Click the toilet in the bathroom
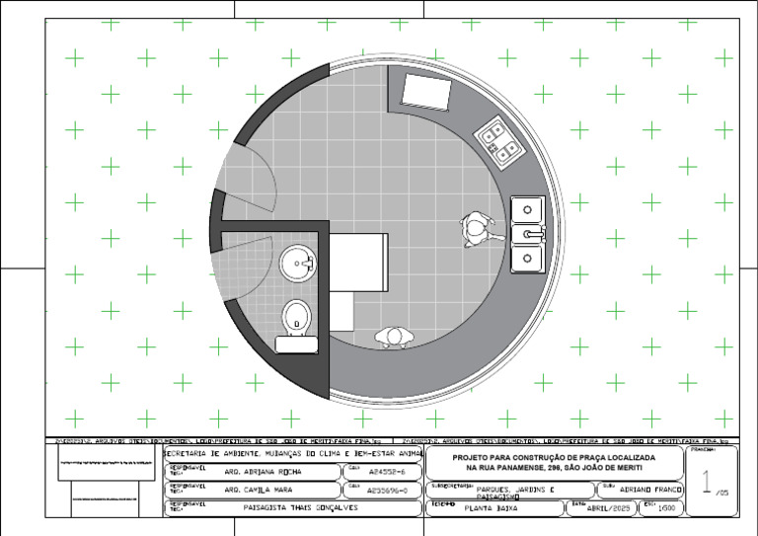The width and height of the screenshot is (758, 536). [296, 317]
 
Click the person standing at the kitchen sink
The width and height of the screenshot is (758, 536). [479, 229]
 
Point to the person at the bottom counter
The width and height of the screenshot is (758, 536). [395, 338]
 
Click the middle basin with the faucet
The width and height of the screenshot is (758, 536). [529, 234]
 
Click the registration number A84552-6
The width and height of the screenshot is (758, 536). [387, 472]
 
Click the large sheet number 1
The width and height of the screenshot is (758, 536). [707, 481]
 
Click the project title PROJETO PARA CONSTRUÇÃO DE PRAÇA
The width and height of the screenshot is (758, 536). [553, 458]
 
